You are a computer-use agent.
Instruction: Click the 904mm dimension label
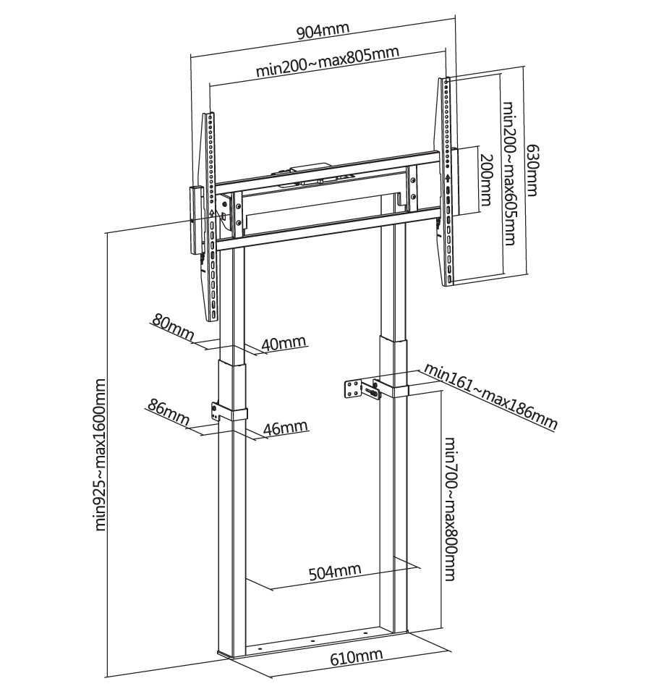tap(323, 31)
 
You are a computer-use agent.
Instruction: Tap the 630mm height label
tap(532, 170)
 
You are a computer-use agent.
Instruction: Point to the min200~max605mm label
tap(509, 174)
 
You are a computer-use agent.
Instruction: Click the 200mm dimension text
tap(486, 179)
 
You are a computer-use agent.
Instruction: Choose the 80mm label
tap(172, 326)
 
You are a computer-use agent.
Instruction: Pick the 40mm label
tap(283, 343)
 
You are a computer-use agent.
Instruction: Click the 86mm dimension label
tap(167, 412)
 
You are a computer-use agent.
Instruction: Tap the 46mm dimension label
tap(285, 428)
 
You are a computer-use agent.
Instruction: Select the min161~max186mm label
tap(490, 396)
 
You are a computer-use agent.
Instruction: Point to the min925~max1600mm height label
tap(100, 454)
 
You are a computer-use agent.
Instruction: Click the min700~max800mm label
tap(449, 509)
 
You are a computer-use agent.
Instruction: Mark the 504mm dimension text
tap(334, 572)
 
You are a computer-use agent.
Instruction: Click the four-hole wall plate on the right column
tap(354, 389)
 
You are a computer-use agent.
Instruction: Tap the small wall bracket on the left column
tap(216, 411)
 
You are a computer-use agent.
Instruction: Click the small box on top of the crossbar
tap(310, 167)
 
